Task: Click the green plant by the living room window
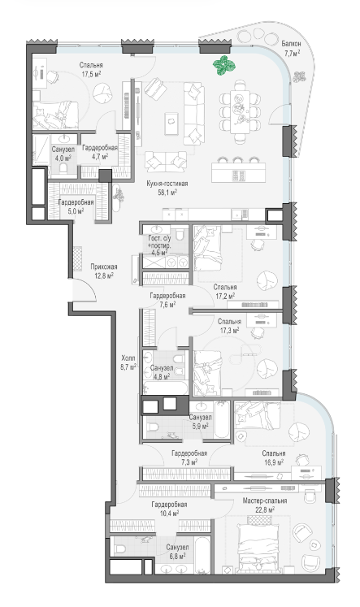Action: pos(223,65)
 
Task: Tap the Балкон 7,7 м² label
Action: pos(291,49)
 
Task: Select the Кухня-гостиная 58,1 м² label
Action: pos(167,188)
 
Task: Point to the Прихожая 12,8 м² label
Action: pos(104,271)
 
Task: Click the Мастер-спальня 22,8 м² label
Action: pos(265,505)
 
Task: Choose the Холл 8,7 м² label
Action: pos(128,362)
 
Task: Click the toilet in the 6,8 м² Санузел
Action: pos(120,548)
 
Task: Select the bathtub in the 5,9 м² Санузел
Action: pos(221,419)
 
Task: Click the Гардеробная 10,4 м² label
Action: pos(169,509)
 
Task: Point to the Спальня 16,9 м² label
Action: pos(273,457)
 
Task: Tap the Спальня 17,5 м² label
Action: pos(91,70)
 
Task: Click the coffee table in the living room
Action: pos(171,124)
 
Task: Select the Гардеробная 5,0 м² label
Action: pos(76,206)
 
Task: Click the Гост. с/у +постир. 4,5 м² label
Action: pos(159,245)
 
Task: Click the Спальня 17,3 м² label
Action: pos(229,326)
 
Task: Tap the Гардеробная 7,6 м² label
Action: pos(167,300)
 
